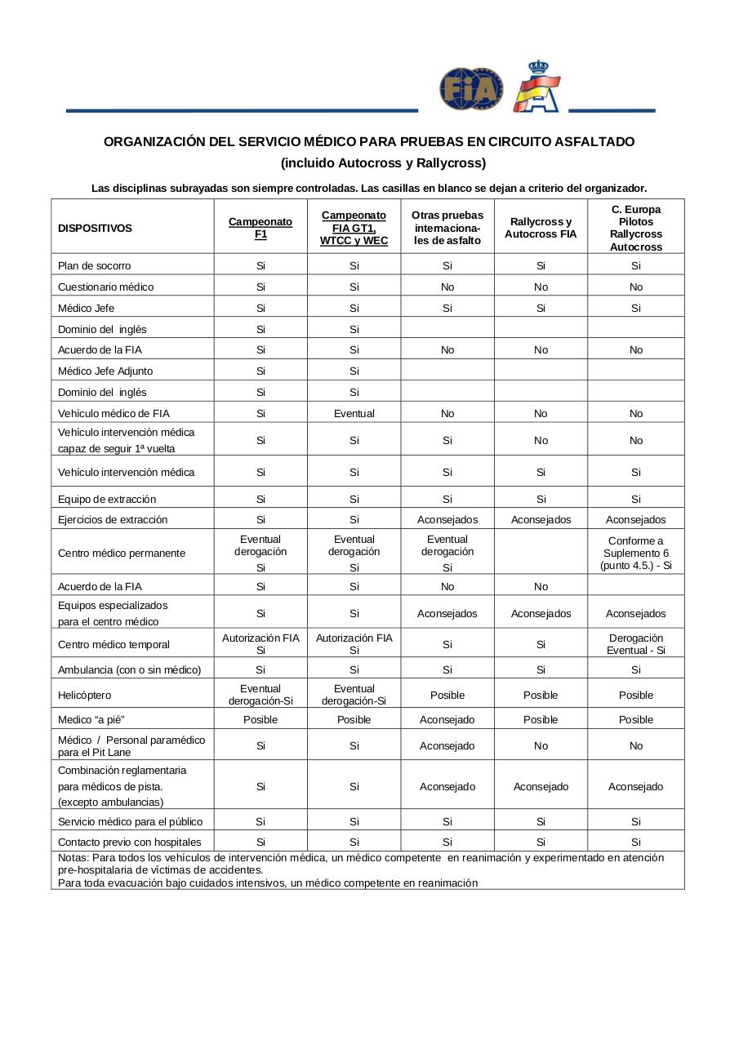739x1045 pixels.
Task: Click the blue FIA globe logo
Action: coord(471,88)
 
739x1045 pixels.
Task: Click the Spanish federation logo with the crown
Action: coord(536,87)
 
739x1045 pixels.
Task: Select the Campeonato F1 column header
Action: coord(260,228)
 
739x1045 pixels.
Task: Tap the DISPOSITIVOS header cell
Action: coord(95,229)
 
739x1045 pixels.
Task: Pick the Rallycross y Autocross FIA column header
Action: coord(541,228)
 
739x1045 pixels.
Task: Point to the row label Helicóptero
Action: coord(84,695)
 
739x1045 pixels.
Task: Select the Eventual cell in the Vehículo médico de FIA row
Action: coord(354,413)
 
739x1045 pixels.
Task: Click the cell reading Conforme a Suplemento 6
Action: coord(635,553)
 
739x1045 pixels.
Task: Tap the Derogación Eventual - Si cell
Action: coord(635,644)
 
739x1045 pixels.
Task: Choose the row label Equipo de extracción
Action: coord(107,499)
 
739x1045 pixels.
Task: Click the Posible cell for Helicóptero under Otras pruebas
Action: coord(447,695)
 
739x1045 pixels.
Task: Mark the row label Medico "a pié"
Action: coord(91,719)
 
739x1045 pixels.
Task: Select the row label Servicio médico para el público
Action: coord(131,821)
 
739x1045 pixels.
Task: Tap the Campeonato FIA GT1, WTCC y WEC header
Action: coord(354,228)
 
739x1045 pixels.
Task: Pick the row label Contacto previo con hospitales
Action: coord(130,842)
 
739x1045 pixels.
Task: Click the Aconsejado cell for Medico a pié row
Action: coord(447,719)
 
